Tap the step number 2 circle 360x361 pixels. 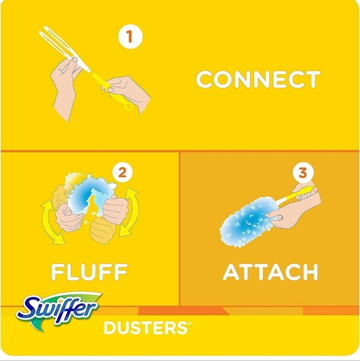(122, 172)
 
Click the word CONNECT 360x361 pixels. (257, 80)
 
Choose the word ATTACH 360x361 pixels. (270, 272)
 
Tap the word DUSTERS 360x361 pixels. (145, 327)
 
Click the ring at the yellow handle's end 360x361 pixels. (129, 106)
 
